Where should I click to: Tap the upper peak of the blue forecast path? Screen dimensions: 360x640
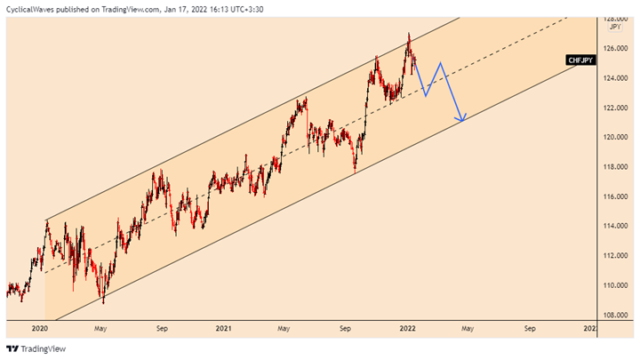point(439,62)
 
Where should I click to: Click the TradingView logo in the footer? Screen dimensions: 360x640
point(36,348)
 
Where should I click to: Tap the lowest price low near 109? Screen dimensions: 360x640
point(103,302)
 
